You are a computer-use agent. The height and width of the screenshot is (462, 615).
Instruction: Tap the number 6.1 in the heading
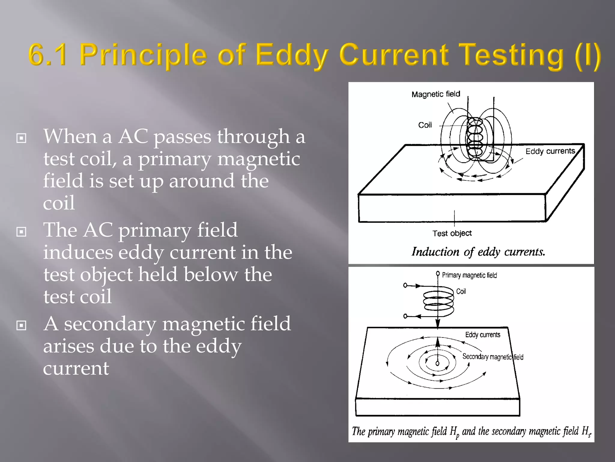tap(47, 55)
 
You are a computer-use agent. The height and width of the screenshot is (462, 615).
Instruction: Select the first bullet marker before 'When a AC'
tap(21, 138)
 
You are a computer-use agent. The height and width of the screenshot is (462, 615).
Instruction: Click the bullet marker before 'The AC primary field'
tap(21, 232)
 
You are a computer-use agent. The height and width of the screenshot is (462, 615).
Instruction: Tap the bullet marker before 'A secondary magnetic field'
tap(21, 325)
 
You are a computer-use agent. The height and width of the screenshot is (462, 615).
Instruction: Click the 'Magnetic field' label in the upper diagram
tap(435, 94)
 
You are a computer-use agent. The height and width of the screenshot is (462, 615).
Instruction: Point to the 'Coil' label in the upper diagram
tap(425, 125)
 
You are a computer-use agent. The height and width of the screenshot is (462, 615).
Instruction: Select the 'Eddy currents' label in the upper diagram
tap(550, 151)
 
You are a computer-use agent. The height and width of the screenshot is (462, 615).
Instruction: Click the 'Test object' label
tap(452, 233)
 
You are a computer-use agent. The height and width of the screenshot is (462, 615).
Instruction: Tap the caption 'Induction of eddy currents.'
tap(478, 252)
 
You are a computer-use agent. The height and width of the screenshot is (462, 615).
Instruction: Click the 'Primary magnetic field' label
tap(469, 275)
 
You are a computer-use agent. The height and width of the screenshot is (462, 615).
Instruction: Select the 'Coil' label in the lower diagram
tap(461, 291)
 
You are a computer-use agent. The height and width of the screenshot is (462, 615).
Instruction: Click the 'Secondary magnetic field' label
tap(492, 357)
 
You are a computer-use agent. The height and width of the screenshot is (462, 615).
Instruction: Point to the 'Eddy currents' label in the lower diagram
tap(483, 335)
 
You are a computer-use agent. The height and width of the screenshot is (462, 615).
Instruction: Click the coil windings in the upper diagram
tap(475, 137)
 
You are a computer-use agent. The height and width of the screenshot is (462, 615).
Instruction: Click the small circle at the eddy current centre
tap(438, 363)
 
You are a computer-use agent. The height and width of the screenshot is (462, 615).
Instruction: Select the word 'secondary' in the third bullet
tap(110, 324)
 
